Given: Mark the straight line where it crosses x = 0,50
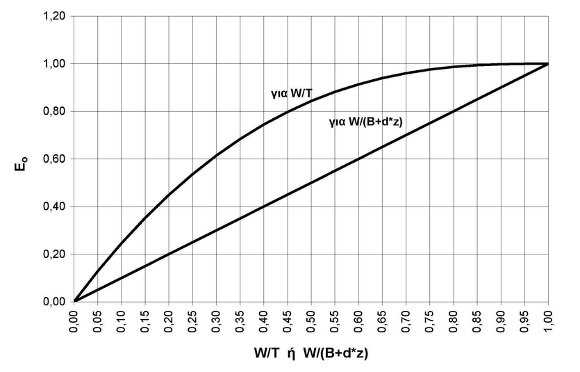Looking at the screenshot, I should (x=311, y=183).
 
